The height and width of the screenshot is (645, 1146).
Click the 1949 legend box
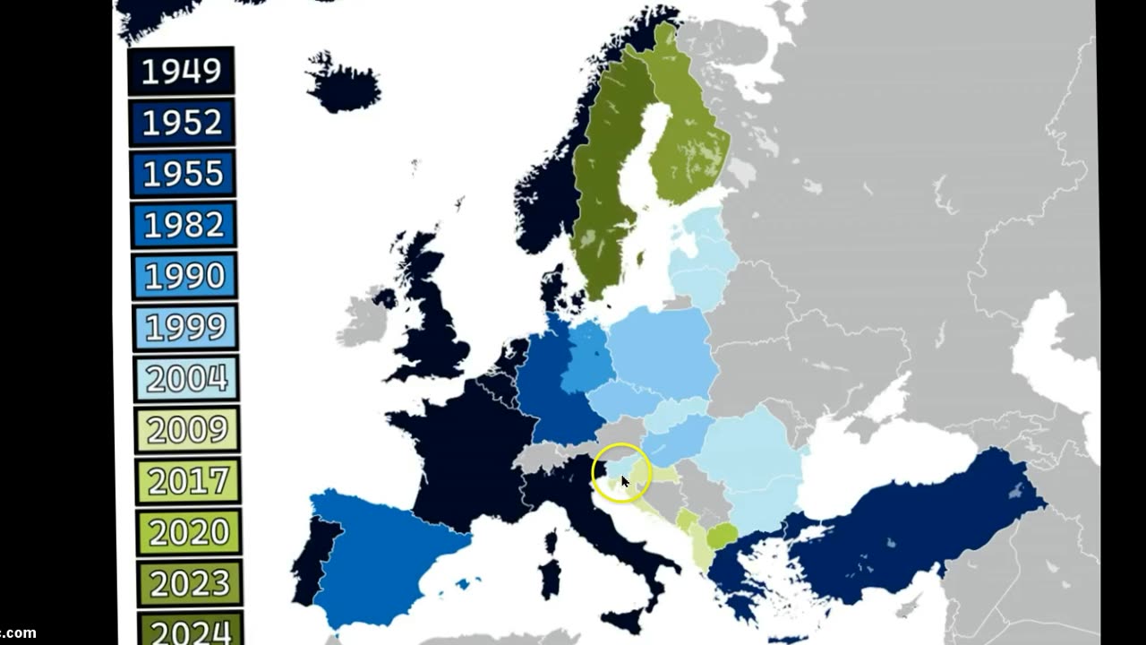tap(181, 72)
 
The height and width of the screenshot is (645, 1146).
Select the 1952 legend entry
tap(182, 123)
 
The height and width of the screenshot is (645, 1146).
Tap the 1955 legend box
tap(183, 174)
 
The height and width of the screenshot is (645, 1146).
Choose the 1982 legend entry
tap(184, 226)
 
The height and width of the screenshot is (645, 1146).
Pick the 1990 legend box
tap(184, 277)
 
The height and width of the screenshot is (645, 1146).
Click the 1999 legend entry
tap(185, 328)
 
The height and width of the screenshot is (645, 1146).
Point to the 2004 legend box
tap(186, 379)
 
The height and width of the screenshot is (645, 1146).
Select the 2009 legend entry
tap(187, 430)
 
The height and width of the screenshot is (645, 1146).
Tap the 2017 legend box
tap(188, 481)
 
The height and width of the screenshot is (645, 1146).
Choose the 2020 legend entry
tap(189, 532)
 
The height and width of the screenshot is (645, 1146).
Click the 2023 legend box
tap(190, 583)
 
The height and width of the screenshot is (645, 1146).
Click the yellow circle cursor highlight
tap(621, 472)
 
